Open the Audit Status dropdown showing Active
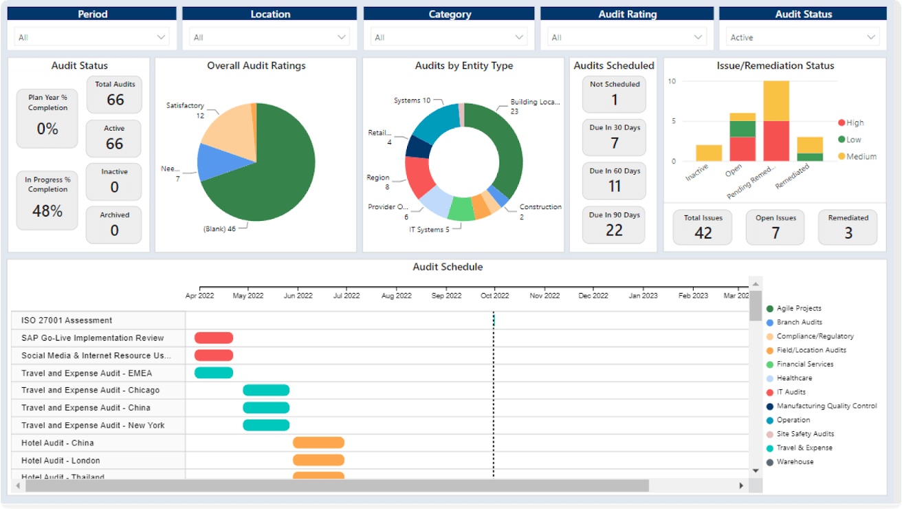(803, 38)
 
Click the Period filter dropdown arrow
(162, 38)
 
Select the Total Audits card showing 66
(114, 94)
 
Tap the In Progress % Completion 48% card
(47, 200)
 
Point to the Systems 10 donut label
(412, 100)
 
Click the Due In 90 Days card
(614, 224)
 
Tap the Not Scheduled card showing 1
(614, 94)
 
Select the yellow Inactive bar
(709, 153)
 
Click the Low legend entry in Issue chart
(852, 140)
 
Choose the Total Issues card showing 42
(703, 227)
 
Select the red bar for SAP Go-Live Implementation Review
(214, 338)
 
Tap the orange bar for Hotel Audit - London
(318, 460)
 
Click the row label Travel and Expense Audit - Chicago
(90, 390)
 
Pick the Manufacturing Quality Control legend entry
(826, 406)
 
